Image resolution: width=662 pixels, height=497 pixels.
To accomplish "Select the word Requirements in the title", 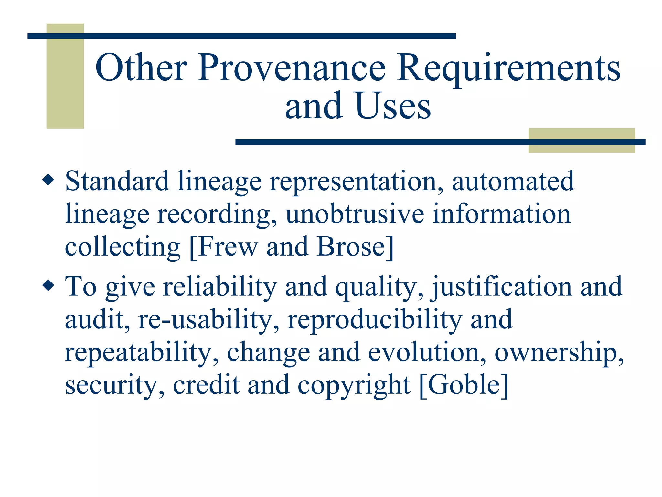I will [508, 68].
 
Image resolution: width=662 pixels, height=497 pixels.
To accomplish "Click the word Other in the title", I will [141, 68].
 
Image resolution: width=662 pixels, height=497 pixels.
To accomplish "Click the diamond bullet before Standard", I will [48, 180].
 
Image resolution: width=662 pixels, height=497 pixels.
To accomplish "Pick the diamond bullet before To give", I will [48, 285].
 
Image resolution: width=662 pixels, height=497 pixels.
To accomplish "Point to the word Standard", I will [117, 181].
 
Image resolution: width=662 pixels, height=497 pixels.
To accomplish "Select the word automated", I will [513, 181].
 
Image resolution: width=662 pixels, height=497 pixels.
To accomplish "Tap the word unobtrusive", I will [355, 214].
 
